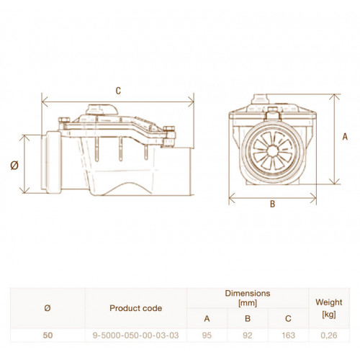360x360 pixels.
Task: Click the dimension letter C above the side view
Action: tap(118, 91)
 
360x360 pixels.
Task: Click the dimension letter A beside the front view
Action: tap(345, 137)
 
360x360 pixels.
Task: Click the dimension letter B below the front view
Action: tap(272, 204)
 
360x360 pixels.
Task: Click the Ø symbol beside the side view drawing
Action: tap(14, 166)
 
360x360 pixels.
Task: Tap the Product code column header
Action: tap(135, 308)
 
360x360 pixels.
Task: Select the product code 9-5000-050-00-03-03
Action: tap(135, 336)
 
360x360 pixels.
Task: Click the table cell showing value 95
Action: tap(207, 336)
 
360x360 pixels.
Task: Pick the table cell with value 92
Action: tap(248, 336)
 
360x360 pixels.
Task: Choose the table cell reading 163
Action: tap(288, 336)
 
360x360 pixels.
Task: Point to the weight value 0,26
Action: tap(329, 336)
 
